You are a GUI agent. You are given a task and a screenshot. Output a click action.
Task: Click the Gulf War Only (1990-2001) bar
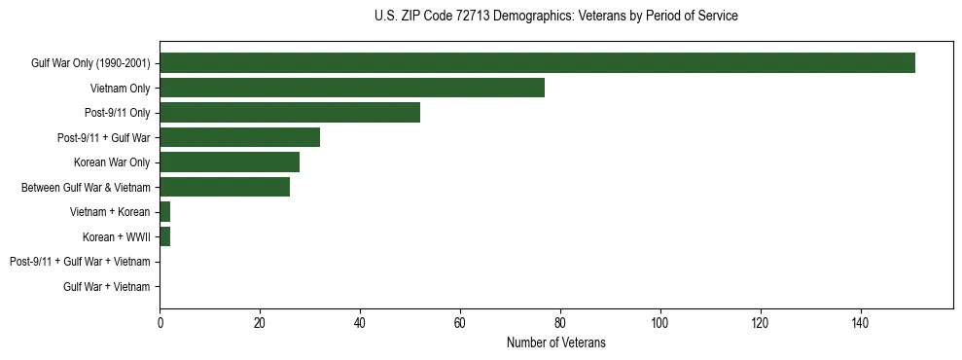click(x=537, y=63)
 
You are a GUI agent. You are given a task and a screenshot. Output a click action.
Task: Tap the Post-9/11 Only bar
click(x=290, y=113)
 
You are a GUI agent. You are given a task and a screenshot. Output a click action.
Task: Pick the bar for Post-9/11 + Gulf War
click(x=240, y=137)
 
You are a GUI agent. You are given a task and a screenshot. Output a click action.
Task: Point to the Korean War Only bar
click(x=230, y=162)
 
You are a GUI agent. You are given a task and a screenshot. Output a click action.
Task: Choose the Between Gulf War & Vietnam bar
click(x=225, y=187)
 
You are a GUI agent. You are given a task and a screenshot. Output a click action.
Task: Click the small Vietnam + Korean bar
click(x=165, y=212)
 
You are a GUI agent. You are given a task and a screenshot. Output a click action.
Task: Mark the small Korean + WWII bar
click(x=165, y=236)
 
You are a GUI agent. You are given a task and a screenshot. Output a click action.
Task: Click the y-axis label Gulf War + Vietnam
click(x=107, y=287)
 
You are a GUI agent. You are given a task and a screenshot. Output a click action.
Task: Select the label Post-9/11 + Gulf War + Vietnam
click(x=80, y=262)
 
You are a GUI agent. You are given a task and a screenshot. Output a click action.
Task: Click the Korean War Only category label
click(x=112, y=162)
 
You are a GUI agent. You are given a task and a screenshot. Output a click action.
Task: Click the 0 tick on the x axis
click(x=160, y=322)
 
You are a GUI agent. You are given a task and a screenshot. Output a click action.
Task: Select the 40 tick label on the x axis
click(x=360, y=322)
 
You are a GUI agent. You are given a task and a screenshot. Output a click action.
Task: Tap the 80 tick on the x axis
click(x=560, y=322)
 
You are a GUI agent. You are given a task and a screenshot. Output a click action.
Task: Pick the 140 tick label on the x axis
click(x=861, y=322)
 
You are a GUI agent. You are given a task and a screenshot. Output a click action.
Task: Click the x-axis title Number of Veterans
click(x=556, y=342)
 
